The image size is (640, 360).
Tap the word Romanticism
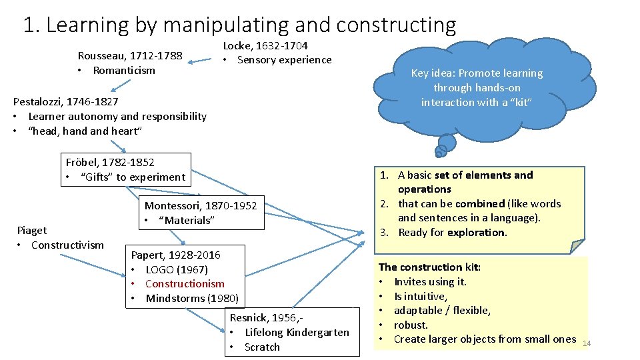tap(124, 70)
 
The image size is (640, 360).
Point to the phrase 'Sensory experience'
tap(285, 60)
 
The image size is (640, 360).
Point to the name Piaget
tap(31, 230)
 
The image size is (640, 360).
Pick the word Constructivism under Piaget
tap(67, 245)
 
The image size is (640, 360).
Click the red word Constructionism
tap(185, 284)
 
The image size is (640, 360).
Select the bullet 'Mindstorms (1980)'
tap(191, 298)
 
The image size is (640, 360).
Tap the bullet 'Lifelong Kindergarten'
tap(297, 332)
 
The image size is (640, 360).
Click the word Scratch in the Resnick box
tap(262, 347)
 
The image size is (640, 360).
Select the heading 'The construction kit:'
tap(429, 267)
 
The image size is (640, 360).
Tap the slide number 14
tap(587, 343)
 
